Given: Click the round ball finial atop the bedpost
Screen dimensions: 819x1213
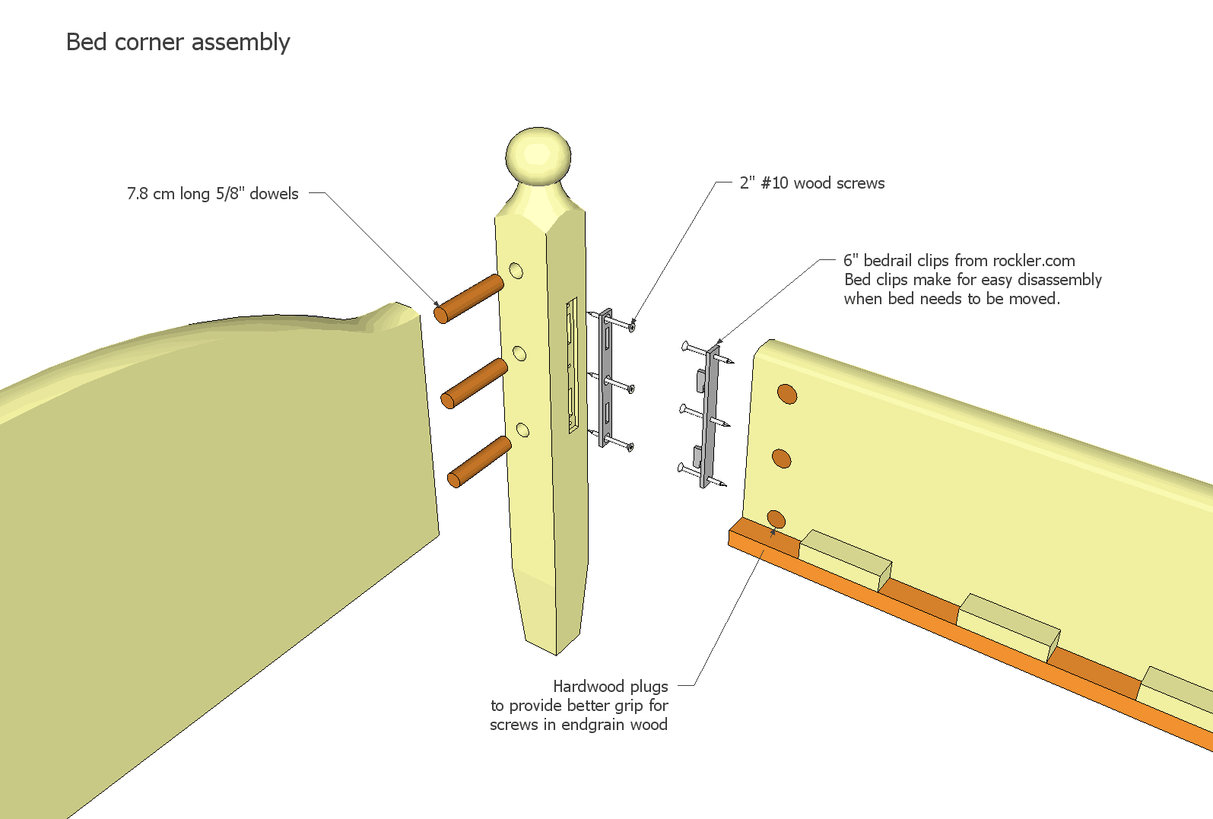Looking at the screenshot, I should point(538,156).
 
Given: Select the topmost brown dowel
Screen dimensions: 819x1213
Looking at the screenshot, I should point(468,300).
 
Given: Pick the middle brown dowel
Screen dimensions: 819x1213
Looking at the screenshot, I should point(474,383).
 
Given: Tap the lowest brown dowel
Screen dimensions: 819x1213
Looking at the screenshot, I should point(479,461).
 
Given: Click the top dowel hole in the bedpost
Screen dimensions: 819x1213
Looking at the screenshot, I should point(516,271).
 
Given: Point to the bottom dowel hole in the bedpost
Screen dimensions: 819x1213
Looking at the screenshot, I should point(522,430).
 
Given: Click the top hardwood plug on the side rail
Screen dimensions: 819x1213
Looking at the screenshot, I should point(786,393).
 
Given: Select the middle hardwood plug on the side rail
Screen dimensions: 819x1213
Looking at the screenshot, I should point(781,459).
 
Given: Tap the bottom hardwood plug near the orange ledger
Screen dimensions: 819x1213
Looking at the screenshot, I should point(776,519).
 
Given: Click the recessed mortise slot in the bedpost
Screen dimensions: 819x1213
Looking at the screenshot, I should point(571,365).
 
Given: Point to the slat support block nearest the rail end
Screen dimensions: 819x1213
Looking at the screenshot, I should point(844,560).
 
